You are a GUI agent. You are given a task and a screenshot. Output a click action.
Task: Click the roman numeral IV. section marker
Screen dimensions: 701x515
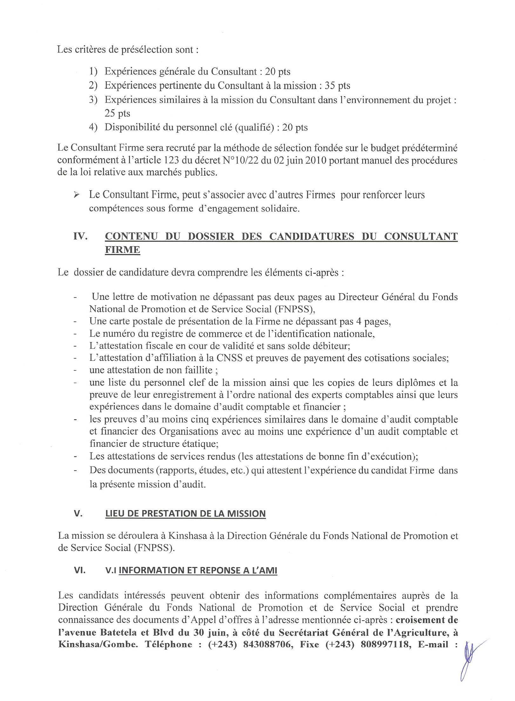click(80, 237)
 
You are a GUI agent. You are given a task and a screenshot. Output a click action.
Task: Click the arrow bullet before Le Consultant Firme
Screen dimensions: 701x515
click(76, 195)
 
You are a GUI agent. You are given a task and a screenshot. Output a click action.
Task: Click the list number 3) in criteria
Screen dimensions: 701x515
click(93, 100)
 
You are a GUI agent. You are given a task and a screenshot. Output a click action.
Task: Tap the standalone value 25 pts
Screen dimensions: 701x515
click(117, 113)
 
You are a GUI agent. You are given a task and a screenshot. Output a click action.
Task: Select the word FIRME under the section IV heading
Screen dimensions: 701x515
click(122, 250)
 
